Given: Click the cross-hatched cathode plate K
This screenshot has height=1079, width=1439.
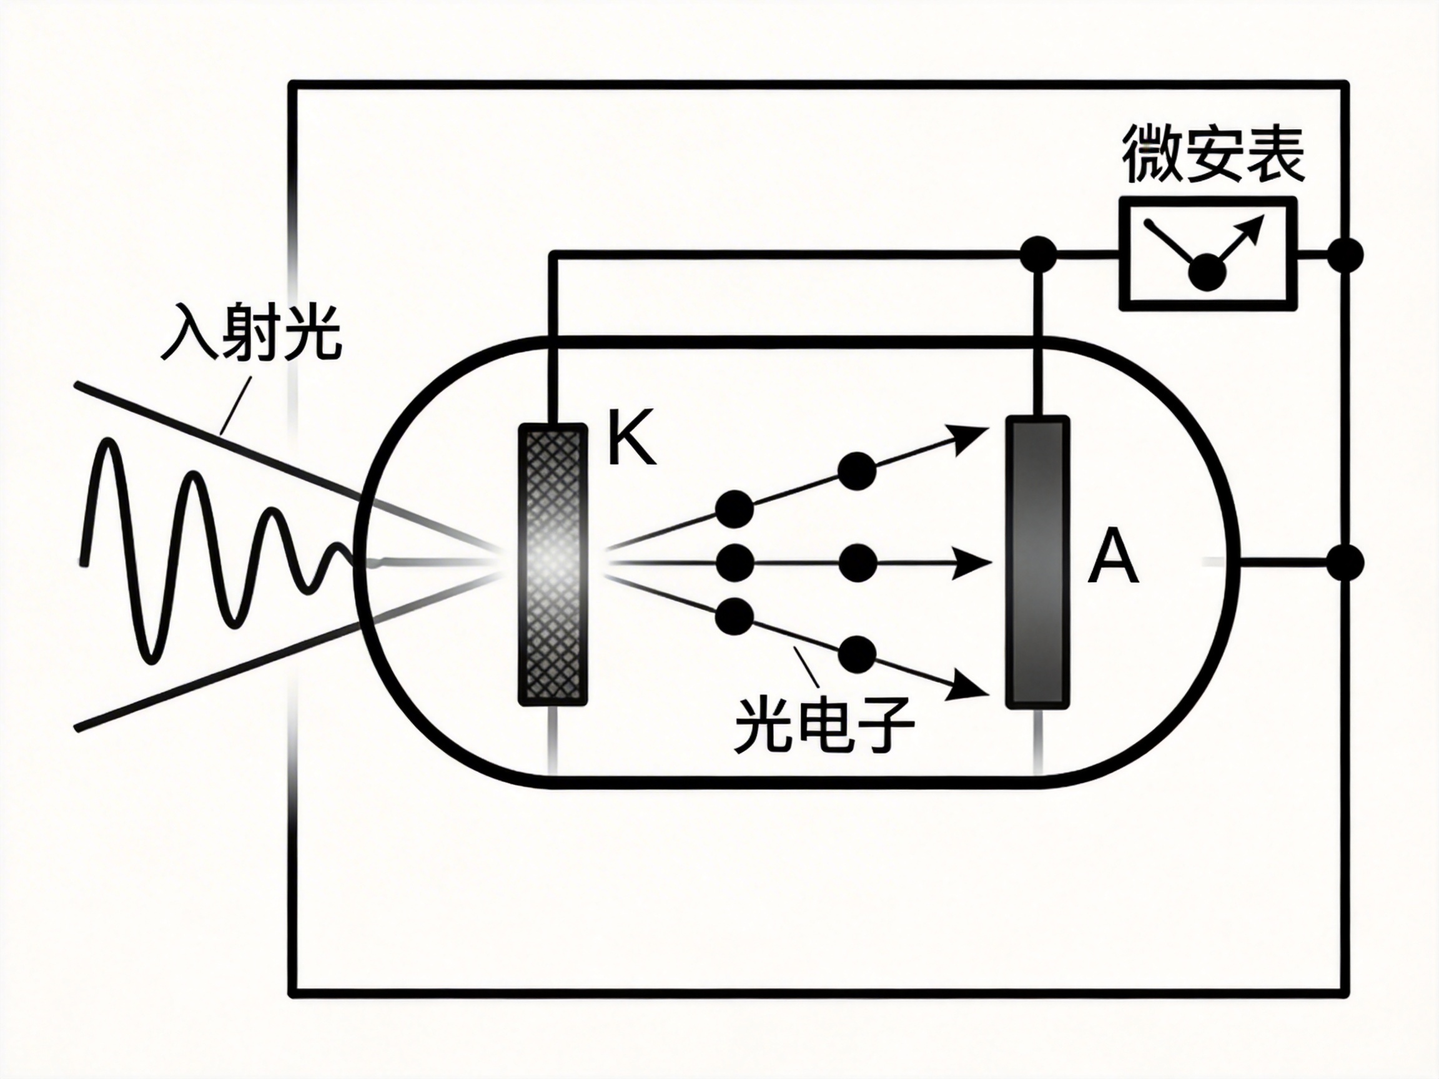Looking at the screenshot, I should pyautogui.click(x=551, y=563).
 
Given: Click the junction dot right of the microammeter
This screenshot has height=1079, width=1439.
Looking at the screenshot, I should pyautogui.click(x=1344, y=255).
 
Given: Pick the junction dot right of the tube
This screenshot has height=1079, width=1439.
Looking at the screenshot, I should pyautogui.click(x=1344, y=562).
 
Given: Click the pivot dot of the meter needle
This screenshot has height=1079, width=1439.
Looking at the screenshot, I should pyautogui.click(x=1207, y=272).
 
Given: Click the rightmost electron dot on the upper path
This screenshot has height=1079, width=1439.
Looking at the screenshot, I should pyautogui.click(x=857, y=471).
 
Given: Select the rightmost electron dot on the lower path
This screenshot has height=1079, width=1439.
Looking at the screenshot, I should pyautogui.click(x=857, y=654).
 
